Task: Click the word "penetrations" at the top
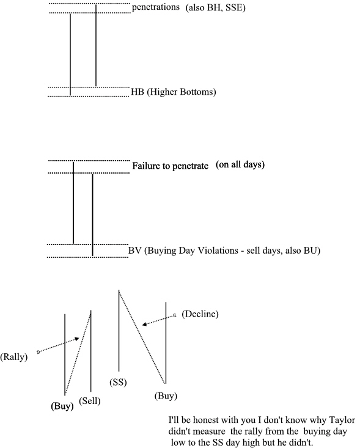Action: point(156,7)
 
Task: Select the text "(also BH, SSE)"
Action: point(215,7)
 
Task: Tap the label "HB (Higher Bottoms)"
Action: point(174,92)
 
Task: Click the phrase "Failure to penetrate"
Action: point(171,166)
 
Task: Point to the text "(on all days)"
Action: point(240,164)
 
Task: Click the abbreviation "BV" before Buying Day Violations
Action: point(135,251)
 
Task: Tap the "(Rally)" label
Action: point(13,357)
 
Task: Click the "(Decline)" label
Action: point(200,314)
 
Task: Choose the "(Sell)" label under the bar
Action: point(90,401)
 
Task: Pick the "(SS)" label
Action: point(118,382)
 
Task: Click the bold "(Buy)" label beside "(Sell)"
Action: point(62,406)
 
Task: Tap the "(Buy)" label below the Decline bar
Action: point(166,396)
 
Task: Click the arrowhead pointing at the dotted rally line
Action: point(77,339)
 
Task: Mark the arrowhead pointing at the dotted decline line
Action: point(145,324)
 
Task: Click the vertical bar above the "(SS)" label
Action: point(119,331)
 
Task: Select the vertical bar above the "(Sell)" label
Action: point(91,351)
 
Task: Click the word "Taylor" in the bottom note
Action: point(342,420)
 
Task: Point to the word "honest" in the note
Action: point(205,420)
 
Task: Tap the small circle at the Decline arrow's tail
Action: point(175,315)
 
